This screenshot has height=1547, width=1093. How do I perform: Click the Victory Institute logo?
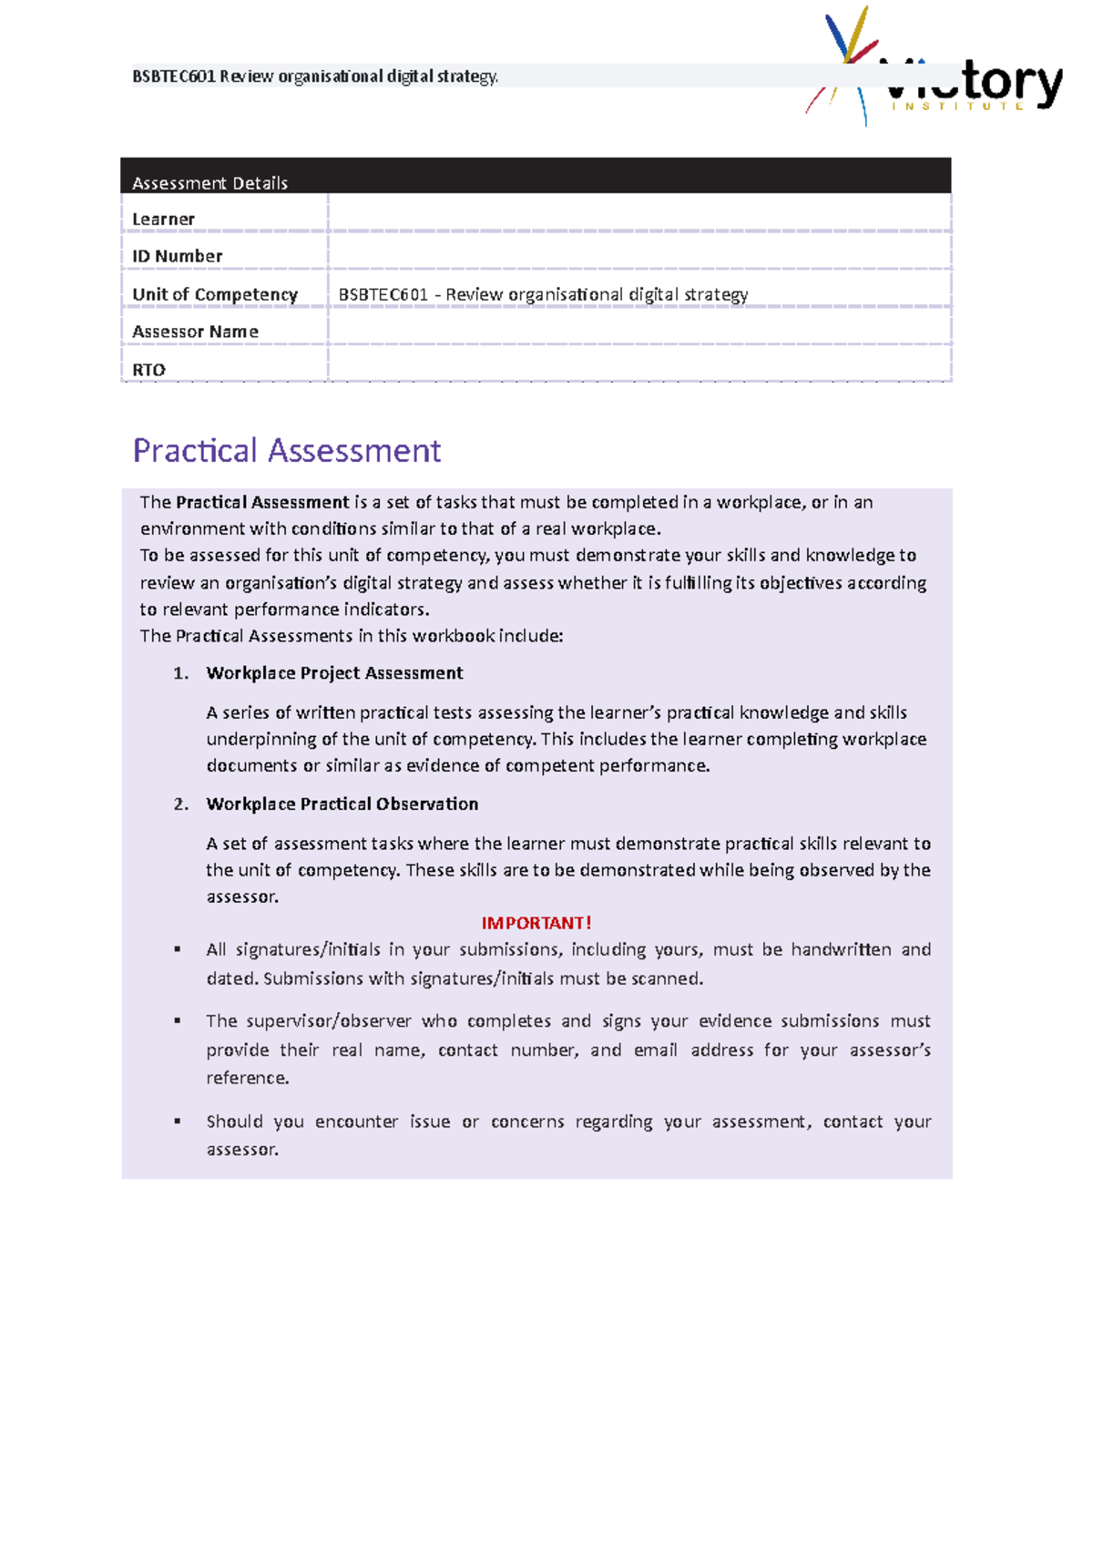pyautogui.click(x=934, y=73)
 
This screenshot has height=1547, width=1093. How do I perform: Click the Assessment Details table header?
pyautogui.click(x=209, y=182)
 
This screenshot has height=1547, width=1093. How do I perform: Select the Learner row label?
pyautogui.click(x=163, y=219)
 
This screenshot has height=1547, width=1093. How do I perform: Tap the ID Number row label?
pyautogui.click(x=177, y=256)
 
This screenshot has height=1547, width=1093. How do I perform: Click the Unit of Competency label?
pyautogui.click(x=215, y=294)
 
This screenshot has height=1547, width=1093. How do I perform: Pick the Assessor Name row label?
pyautogui.click(x=195, y=332)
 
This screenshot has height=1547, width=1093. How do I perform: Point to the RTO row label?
pyautogui.click(x=148, y=369)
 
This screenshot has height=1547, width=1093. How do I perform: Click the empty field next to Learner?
pyautogui.click(x=638, y=214)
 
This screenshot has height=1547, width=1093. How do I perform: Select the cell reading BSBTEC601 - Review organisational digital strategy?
pyautogui.click(x=543, y=294)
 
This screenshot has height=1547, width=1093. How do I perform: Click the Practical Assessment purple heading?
pyautogui.click(x=286, y=450)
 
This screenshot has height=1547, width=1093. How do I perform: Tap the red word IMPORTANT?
pyautogui.click(x=536, y=922)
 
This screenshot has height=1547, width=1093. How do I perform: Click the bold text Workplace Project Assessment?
pyautogui.click(x=334, y=672)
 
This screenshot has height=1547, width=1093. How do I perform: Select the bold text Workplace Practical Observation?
pyautogui.click(x=342, y=804)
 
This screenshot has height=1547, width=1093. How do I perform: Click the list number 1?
pyautogui.click(x=180, y=672)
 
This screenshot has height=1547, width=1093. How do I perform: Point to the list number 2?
pyautogui.click(x=180, y=804)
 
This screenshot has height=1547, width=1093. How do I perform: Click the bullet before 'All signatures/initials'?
pyautogui.click(x=178, y=949)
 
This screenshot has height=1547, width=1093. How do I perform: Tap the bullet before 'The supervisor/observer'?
pyautogui.click(x=178, y=1020)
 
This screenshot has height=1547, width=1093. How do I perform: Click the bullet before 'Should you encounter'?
pyautogui.click(x=178, y=1121)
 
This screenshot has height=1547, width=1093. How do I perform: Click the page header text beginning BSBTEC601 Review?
pyautogui.click(x=315, y=77)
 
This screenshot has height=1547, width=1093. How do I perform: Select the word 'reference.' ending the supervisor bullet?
pyautogui.click(x=247, y=1078)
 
